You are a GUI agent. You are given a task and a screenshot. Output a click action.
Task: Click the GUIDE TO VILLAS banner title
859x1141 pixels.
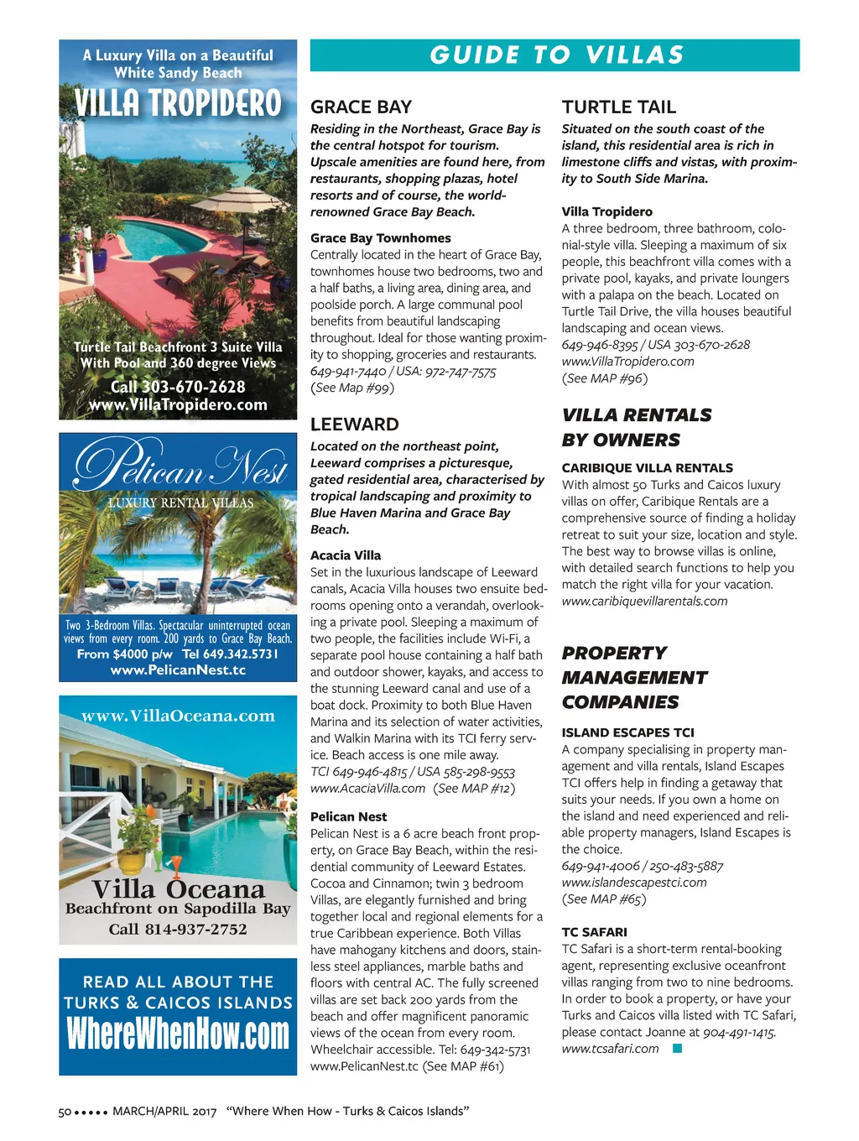556,55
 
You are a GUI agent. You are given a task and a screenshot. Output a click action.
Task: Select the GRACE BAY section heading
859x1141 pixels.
361,107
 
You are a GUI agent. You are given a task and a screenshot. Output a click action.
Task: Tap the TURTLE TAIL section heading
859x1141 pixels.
618,107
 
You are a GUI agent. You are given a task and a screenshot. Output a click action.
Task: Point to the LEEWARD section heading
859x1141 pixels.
354,425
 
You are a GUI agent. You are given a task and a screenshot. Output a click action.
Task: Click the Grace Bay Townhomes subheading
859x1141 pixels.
380,238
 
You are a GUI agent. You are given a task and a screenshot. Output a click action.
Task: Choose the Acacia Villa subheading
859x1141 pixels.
345,555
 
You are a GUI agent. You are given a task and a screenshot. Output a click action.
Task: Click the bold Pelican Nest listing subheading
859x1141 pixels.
348,816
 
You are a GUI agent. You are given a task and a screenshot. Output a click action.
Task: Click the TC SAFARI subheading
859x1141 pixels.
594,932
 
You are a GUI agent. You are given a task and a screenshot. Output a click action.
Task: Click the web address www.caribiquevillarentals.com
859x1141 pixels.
644,601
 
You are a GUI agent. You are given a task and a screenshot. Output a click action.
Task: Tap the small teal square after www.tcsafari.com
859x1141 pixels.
678,1048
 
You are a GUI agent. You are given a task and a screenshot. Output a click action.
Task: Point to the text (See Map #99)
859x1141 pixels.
351,388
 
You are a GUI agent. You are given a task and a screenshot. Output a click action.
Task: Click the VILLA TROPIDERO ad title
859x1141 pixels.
178,104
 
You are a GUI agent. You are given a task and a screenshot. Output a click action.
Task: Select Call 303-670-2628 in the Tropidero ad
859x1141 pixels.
178,387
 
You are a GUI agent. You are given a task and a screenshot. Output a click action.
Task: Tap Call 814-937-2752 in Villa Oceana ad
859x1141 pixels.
178,929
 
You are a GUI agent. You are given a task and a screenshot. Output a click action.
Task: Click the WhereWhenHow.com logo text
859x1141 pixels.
178,1033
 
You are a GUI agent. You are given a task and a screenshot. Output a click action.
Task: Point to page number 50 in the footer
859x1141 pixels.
65,1112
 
